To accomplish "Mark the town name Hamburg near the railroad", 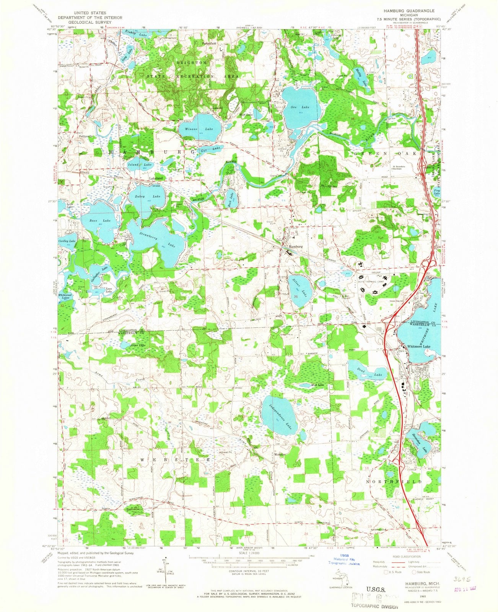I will pyautogui.click(x=296, y=247).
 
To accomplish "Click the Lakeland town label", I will pyautogui.click(x=156, y=179).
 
